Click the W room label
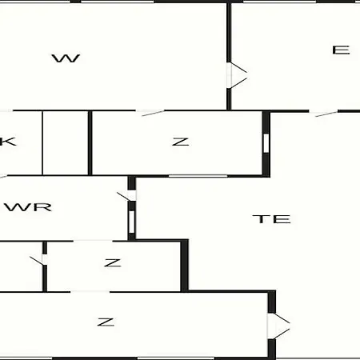(66, 58)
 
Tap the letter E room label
(341, 50)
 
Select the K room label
(8, 142)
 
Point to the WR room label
(28, 207)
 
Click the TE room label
(271, 219)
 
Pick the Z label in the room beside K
(181, 142)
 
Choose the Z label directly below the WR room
(113, 263)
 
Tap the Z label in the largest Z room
(106, 322)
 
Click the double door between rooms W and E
(237, 75)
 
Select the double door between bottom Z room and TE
(278, 326)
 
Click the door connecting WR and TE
(127, 196)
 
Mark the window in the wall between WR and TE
(132, 222)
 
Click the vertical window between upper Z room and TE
(266, 143)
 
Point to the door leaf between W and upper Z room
(153, 113)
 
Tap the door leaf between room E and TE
(326, 114)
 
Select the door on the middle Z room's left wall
(38, 260)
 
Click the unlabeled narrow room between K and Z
(66, 143)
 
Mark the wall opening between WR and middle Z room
(93, 241)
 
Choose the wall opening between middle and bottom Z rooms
(90, 292)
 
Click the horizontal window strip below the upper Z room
(198, 176)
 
